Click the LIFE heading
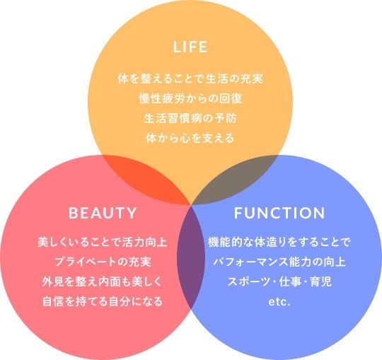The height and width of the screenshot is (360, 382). (190, 47)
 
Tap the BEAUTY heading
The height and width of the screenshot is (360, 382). (103, 213)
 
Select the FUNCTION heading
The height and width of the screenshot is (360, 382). (279, 213)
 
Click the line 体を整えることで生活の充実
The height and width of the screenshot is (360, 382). (190, 79)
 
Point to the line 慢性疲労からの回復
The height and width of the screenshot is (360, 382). (190, 98)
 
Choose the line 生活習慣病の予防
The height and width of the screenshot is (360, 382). (190, 118)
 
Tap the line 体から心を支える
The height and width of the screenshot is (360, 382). (190, 138)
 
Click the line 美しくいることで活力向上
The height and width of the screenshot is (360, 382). (103, 242)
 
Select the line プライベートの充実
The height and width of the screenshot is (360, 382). (103, 262)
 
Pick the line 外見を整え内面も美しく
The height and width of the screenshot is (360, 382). (103, 281)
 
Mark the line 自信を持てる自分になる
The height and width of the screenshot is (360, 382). (103, 301)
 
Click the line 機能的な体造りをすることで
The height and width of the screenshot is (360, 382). (279, 242)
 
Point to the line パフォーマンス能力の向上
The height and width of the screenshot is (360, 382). (279, 262)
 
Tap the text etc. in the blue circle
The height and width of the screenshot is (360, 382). (279, 302)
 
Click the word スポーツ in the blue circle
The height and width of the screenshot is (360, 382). (249, 281)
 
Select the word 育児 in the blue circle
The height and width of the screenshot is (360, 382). (321, 281)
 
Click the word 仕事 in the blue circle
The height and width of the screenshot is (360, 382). (290, 281)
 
